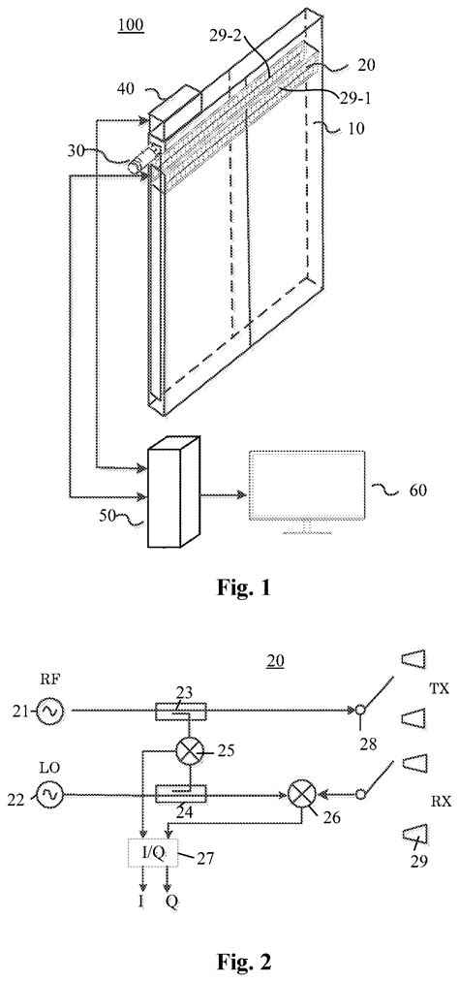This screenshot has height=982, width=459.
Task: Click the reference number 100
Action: click(x=131, y=23)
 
